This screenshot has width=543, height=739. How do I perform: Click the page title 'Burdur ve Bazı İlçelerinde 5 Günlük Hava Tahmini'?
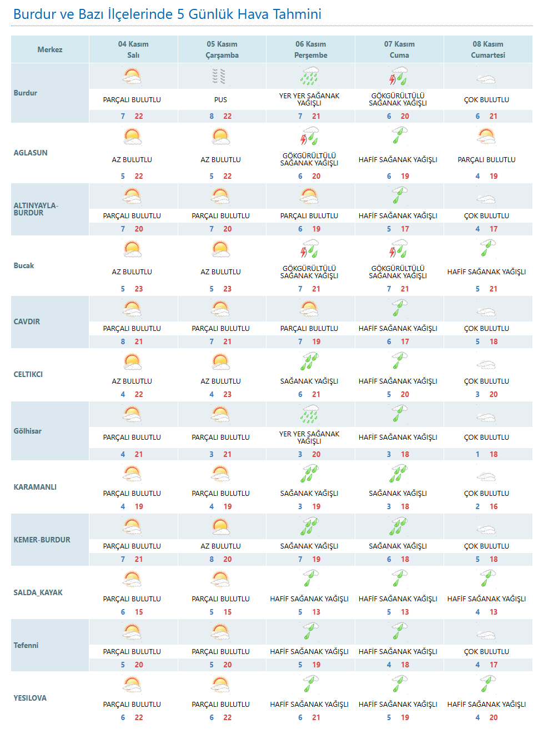point(167,14)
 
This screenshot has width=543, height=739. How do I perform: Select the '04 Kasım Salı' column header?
point(133,49)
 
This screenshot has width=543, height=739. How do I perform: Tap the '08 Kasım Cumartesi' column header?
point(487,49)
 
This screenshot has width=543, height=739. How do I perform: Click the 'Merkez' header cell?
point(50,49)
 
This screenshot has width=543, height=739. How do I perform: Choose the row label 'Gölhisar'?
point(28,431)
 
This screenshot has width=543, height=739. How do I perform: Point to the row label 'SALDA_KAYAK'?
point(38,592)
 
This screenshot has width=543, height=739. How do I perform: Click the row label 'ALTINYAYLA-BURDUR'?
point(36,209)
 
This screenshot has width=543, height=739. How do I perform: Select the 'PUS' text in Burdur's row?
point(220,100)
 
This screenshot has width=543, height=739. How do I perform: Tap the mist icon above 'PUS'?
point(219,76)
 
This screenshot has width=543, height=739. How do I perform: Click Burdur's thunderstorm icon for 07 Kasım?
point(398,76)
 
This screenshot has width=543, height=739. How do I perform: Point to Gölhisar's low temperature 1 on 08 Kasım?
point(477,454)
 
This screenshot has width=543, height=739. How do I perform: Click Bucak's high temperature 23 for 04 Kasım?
point(139,289)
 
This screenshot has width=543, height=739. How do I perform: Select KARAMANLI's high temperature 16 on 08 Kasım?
point(494,506)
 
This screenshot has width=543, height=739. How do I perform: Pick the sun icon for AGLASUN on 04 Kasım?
point(132,136)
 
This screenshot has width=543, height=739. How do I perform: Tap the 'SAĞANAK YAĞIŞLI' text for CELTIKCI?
point(309,381)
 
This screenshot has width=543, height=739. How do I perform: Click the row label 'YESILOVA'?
point(30,698)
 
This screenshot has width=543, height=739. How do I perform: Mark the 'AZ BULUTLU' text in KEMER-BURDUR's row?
point(220,546)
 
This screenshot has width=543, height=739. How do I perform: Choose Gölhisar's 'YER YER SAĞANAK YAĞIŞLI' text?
point(309,438)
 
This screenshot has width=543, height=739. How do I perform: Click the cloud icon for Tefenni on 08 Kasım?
point(486,634)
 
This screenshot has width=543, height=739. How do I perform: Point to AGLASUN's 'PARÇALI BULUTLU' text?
point(486,160)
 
